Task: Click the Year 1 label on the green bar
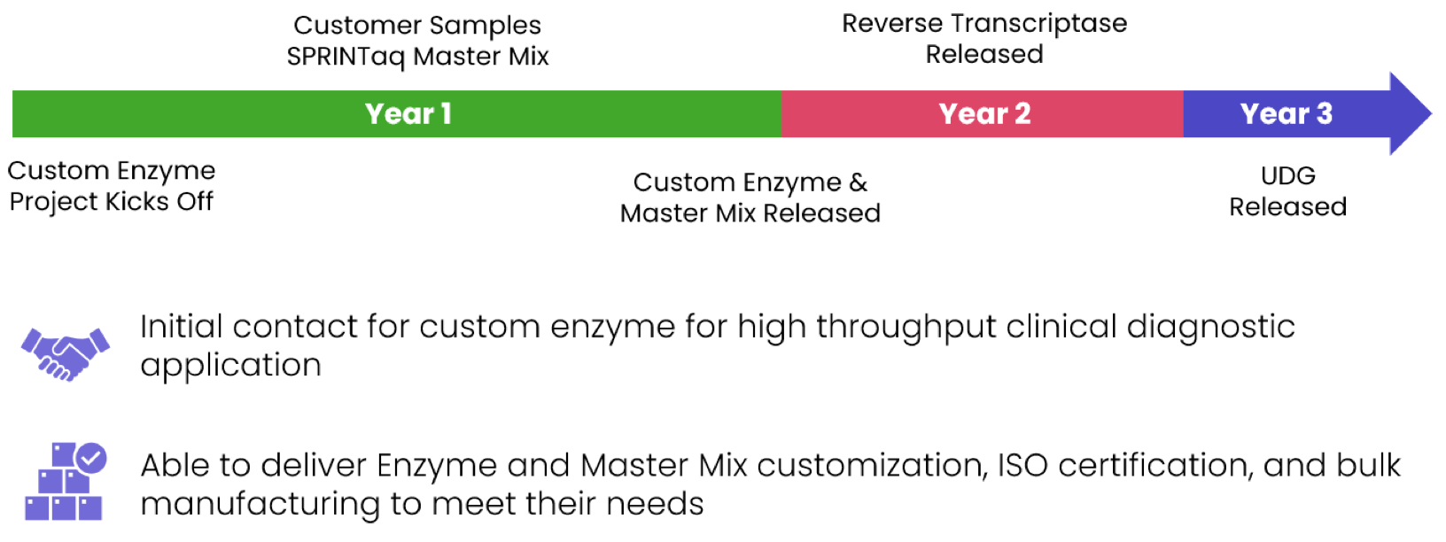(408, 114)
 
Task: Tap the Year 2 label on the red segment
(984, 114)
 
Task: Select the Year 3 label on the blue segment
(1286, 114)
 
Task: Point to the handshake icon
(66, 353)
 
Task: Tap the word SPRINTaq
(346, 57)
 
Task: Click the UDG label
(1287, 175)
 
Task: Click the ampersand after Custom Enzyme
(858, 182)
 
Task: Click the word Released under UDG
(1287, 207)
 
